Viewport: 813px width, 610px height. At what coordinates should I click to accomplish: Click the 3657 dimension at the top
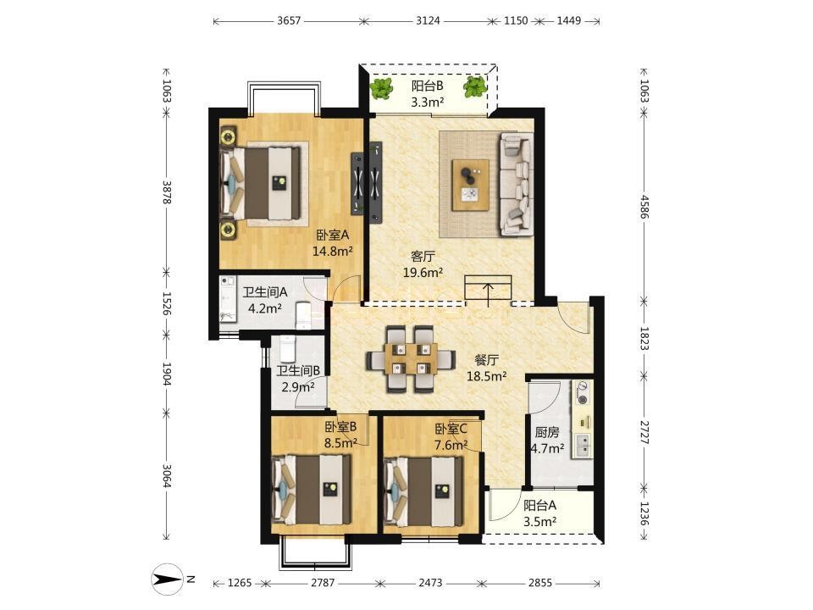pyautogui.click(x=289, y=20)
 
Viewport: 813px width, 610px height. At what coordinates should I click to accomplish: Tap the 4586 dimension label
pyautogui.click(x=644, y=207)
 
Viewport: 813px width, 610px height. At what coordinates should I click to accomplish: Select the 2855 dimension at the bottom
pyautogui.click(x=540, y=583)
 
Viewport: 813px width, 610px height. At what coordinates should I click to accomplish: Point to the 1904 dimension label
pyautogui.click(x=167, y=374)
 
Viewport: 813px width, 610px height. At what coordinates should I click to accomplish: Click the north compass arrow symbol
pyautogui.click(x=167, y=579)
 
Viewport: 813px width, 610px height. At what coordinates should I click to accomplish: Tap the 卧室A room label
pyautogui.click(x=333, y=235)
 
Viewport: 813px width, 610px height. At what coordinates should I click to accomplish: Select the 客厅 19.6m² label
pyautogui.click(x=423, y=264)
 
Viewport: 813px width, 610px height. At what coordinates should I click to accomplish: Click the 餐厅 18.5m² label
pyautogui.click(x=486, y=368)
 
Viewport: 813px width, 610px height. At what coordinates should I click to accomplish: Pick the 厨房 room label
pyautogui.click(x=547, y=432)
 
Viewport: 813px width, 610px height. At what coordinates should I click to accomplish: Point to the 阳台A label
pyautogui.click(x=539, y=505)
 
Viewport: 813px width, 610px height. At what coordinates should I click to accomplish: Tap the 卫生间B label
pyautogui.click(x=298, y=370)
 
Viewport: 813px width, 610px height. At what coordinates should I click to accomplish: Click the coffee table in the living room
pyautogui.click(x=471, y=185)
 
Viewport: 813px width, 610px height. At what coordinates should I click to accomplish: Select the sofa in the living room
pyautogui.click(x=517, y=184)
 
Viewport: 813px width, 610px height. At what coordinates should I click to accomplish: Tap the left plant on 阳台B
pyautogui.click(x=382, y=89)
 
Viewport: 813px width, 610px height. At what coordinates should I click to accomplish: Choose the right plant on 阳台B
pyautogui.click(x=474, y=86)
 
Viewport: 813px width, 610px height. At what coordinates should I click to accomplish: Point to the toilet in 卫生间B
pyautogui.click(x=287, y=349)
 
